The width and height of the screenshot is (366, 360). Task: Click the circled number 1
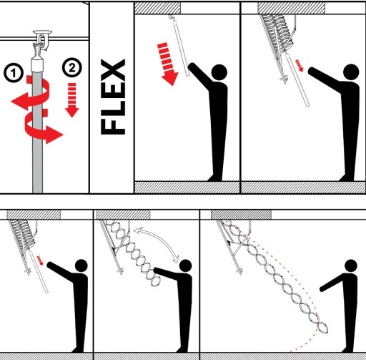coord(14,72)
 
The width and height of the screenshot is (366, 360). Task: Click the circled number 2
coord(72,68)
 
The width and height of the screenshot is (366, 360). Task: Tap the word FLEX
coord(113,97)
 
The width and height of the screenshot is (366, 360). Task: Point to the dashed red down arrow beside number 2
coord(72,100)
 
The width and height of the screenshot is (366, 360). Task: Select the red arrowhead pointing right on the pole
coord(54,135)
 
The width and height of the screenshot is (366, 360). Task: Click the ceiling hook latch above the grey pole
coord(42,41)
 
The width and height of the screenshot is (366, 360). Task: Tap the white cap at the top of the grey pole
coord(38,63)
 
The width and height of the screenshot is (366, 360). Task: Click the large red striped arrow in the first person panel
coord(168,64)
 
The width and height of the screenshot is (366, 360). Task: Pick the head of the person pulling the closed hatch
coord(219,72)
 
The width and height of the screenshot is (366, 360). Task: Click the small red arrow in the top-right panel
coord(300,65)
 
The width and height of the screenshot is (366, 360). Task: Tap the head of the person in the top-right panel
coord(351,72)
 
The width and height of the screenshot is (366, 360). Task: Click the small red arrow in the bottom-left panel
coord(40,260)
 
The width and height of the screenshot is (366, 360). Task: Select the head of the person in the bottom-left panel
coord(81,266)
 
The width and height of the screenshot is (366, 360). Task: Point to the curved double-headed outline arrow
coord(158,241)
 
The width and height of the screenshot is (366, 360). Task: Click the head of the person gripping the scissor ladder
coord(186,266)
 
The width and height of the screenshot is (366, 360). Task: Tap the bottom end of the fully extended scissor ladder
coord(323,330)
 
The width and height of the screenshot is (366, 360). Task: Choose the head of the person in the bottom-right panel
coord(351,266)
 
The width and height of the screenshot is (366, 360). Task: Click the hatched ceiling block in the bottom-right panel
coord(241,215)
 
